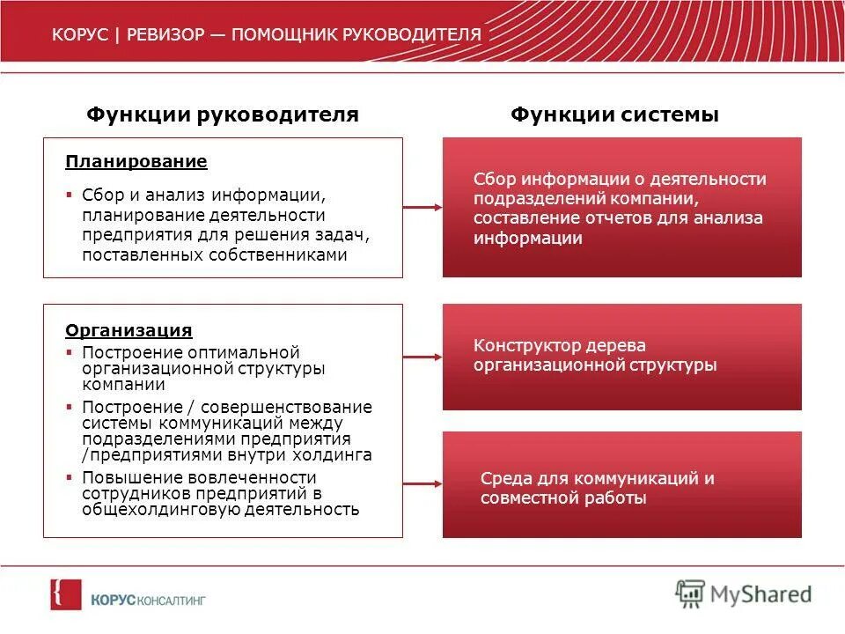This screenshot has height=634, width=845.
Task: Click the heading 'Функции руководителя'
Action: pyautogui.click(x=222, y=114)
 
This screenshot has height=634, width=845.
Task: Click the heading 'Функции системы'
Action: pyautogui.click(x=615, y=114)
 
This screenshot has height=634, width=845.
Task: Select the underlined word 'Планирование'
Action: pyautogui.click(x=136, y=162)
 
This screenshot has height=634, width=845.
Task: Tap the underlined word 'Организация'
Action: pyautogui.click(x=129, y=331)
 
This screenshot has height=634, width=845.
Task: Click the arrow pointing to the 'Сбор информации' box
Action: pyautogui.click(x=422, y=208)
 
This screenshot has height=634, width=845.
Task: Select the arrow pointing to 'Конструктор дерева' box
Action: pyautogui.click(x=422, y=357)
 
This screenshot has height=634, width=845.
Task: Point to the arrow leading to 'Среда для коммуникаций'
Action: pyautogui.click(x=422, y=482)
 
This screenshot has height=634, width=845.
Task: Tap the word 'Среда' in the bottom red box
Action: pyautogui.click(x=503, y=479)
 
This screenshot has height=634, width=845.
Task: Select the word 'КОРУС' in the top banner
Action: pyautogui.click(x=79, y=35)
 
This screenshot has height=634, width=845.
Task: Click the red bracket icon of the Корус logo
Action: pyautogui.click(x=65, y=594)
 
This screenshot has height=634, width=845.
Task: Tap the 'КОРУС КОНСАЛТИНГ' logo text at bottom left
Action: pyautogui.click(x=147, y=600)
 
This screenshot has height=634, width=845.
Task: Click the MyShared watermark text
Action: pyautogui.click(x=761, y=594)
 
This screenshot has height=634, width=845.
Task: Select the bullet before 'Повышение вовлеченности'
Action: pyautogui.click(x=70, y=476)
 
